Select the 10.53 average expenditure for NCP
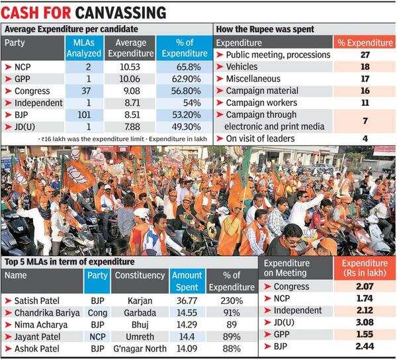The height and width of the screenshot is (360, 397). [x=127, y=67]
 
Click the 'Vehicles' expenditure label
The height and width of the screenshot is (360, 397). [x=245, y=67]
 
